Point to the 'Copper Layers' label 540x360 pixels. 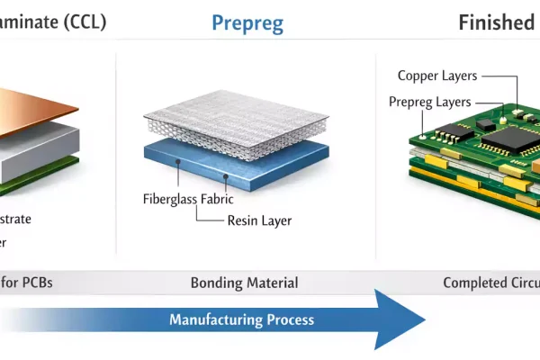437,76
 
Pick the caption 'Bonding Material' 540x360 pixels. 244,283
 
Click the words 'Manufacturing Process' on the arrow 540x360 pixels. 241,319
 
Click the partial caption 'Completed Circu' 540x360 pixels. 490,283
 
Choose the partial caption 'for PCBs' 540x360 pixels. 27,283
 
